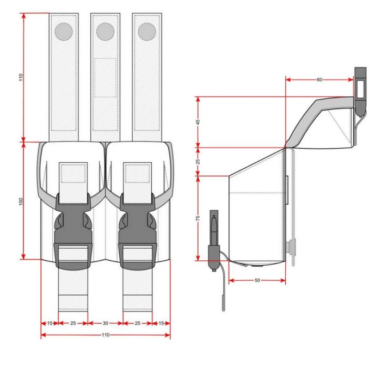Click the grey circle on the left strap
(64, 32)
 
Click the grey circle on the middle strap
(105, 32)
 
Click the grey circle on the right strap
(147, 32)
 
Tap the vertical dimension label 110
(21, 77)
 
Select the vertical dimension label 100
(21, 201)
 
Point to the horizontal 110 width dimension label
(106, 335)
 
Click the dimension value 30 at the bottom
(105, 323)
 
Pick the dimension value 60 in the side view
(319, 79)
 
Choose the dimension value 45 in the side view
(198, 122)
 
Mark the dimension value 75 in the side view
(198, 218)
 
